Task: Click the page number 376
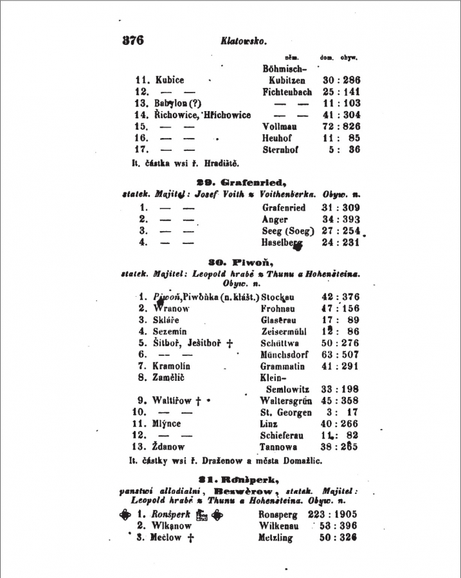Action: [x=132, y=40]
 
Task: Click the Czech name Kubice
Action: [x=170, y=80]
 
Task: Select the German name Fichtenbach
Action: [x=287, y=92]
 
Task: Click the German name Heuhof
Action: [x=277, y=138]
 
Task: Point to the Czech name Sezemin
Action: [x=170, y=331]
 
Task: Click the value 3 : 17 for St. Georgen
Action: [x=343, y=412]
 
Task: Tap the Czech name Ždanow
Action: [x=168, y=447]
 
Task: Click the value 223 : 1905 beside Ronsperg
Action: [x=334, y=514]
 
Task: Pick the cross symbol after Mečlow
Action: [x=190, y=538]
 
